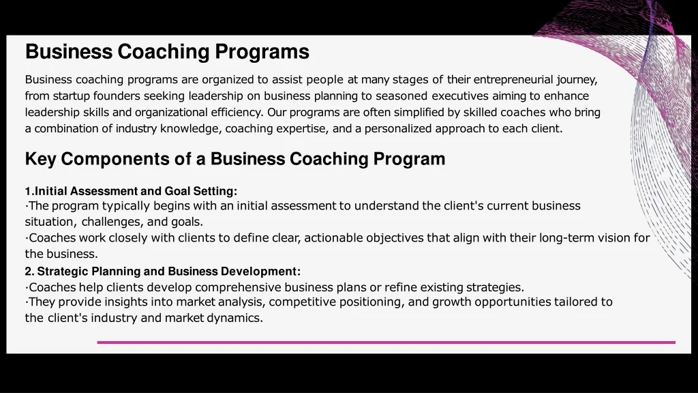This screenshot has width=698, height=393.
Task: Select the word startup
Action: coord(72,96)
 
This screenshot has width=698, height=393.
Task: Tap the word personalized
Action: coord(398,128)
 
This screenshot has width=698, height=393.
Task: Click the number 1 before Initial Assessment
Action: coord(28,191)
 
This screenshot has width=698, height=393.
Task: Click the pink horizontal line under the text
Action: coord(386,343)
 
